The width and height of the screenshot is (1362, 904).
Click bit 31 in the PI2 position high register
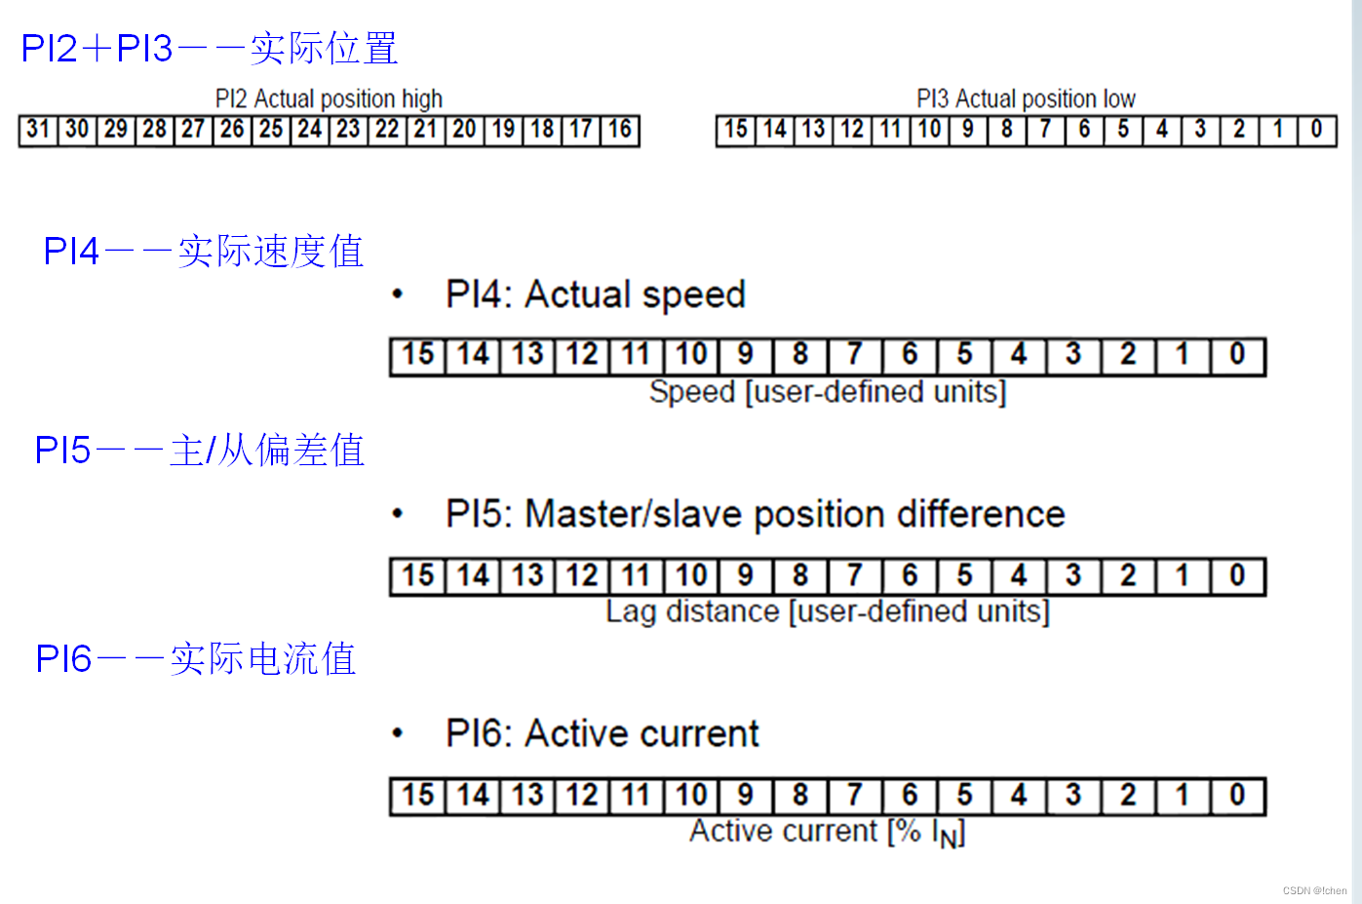pos(38,130)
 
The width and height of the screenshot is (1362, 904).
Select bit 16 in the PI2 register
pos(620,130)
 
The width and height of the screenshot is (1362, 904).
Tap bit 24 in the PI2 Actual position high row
pos(310,130)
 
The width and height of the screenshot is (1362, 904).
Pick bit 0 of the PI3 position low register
pos(1316,130)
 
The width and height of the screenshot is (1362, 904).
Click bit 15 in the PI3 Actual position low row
pos(735,130)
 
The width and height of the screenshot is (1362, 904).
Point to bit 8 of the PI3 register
pos(1007,130)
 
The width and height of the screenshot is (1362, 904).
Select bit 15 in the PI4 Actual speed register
pos(418,355)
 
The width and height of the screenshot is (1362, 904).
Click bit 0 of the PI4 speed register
pos(1237,355)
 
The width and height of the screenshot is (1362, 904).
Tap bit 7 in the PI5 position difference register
pos(855,575)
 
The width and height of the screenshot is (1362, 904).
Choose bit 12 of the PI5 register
pos(582,575)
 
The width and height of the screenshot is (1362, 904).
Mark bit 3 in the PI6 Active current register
pos(1073,796)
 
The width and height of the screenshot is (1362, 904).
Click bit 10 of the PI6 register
pos(691,796)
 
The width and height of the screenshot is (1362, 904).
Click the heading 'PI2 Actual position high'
pos(329,98)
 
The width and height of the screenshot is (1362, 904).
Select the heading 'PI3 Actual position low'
pos(1026,98)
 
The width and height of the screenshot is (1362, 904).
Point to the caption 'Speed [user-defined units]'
pos(828,392)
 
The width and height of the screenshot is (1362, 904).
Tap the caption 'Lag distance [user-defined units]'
pos(828,611)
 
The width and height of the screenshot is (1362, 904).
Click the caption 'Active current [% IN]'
pos(828,832)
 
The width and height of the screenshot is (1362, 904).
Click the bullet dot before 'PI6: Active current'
pos(397,733)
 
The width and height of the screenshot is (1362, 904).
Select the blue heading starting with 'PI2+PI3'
pos(209,49)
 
